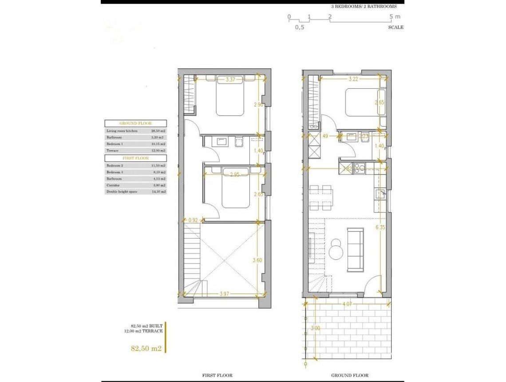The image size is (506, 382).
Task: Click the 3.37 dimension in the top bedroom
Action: pos(230,80)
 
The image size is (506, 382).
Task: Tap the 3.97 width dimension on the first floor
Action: pos(226,294)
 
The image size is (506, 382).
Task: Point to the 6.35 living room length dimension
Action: pos(380,227)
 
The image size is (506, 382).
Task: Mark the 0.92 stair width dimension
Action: pos(193,220)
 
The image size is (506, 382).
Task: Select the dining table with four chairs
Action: pos(320,197)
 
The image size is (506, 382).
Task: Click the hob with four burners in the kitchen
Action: pos(359,169)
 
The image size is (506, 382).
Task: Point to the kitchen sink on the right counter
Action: pos(380,194)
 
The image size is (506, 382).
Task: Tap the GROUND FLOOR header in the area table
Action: pos(135,123)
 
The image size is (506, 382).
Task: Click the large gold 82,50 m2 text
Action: pos(146,349)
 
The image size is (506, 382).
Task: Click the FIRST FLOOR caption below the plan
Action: pos(217,375)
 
